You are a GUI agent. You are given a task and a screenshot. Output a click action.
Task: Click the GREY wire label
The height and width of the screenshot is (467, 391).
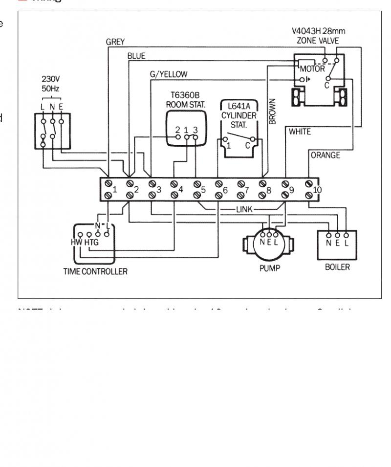(x=115, y=42)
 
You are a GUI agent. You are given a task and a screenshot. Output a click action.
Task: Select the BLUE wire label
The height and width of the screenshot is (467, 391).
(x=136, y=56)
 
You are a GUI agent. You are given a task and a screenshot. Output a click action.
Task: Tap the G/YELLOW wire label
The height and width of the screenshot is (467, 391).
(x=169, y=74)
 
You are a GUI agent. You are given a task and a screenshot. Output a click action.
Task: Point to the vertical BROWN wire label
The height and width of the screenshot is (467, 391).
(x=273, y=111)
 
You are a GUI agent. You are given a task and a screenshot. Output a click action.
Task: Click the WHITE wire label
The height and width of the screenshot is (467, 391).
(x=300, y=132)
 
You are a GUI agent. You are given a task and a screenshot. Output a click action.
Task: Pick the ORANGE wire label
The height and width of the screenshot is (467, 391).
(x=326, y=156)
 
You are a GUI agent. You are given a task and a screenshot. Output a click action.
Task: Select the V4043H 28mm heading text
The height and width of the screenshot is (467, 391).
(x=317, y=32)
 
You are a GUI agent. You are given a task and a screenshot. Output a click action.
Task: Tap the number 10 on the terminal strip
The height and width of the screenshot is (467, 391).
(x=318, y=190)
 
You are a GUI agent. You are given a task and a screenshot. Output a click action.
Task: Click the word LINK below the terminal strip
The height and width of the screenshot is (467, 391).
(x=244, y=209)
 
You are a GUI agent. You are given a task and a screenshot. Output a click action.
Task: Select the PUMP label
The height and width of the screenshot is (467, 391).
(x=270, y=268)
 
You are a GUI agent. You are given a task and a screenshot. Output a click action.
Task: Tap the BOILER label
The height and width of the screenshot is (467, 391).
(x=337, y=267)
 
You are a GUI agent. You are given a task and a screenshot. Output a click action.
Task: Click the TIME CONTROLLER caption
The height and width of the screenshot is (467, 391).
(x=95, y=271)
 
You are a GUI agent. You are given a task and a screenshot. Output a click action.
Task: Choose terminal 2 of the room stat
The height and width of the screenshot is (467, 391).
(x=178, y=130)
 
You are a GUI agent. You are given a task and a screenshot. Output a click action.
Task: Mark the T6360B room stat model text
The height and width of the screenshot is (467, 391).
(x=186, y=96)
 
